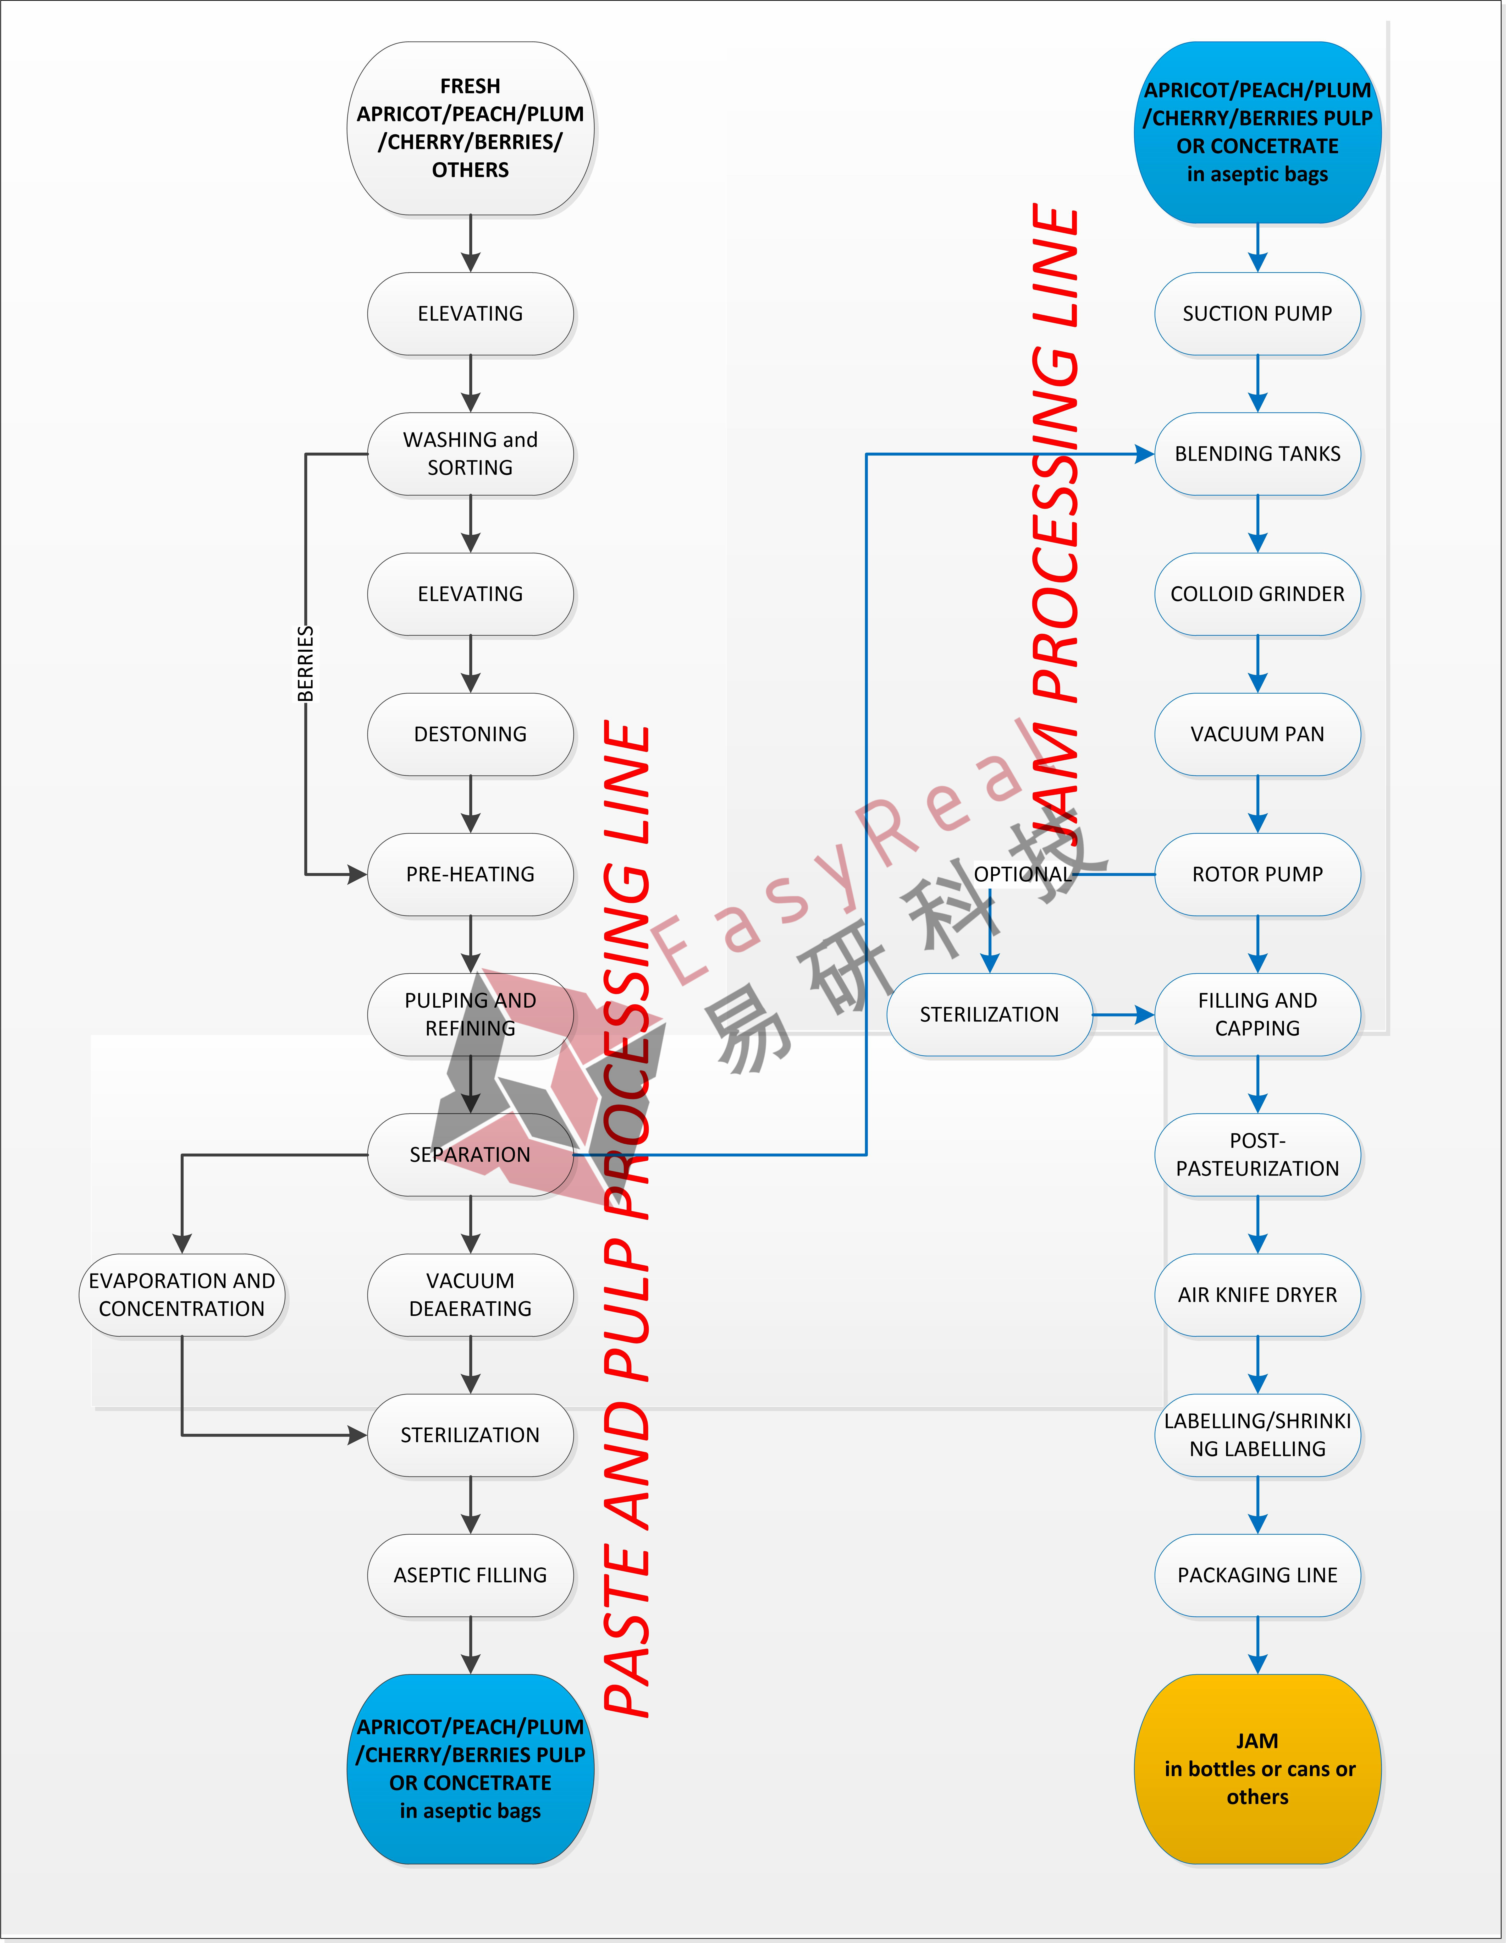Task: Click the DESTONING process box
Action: [x=471, y=734]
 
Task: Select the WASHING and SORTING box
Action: [x=471, y=454]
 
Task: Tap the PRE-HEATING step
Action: [x=471, y=875]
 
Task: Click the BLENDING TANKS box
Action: [x=1258, y=454]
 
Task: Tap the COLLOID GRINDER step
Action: [x=1258, y=594]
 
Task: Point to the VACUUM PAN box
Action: [x=1258, y=734]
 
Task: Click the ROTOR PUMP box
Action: [x=1258, y=875]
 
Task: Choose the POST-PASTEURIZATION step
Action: [x=1258, y=1155]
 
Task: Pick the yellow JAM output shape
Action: [x=1258, y=1769]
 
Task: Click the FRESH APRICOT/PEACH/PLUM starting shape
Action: [x=471, y=128]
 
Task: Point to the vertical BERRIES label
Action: [x=305, y=664]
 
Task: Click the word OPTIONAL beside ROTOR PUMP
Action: [x=1023, y=875]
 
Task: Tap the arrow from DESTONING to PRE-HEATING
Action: [x=471, y=804]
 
